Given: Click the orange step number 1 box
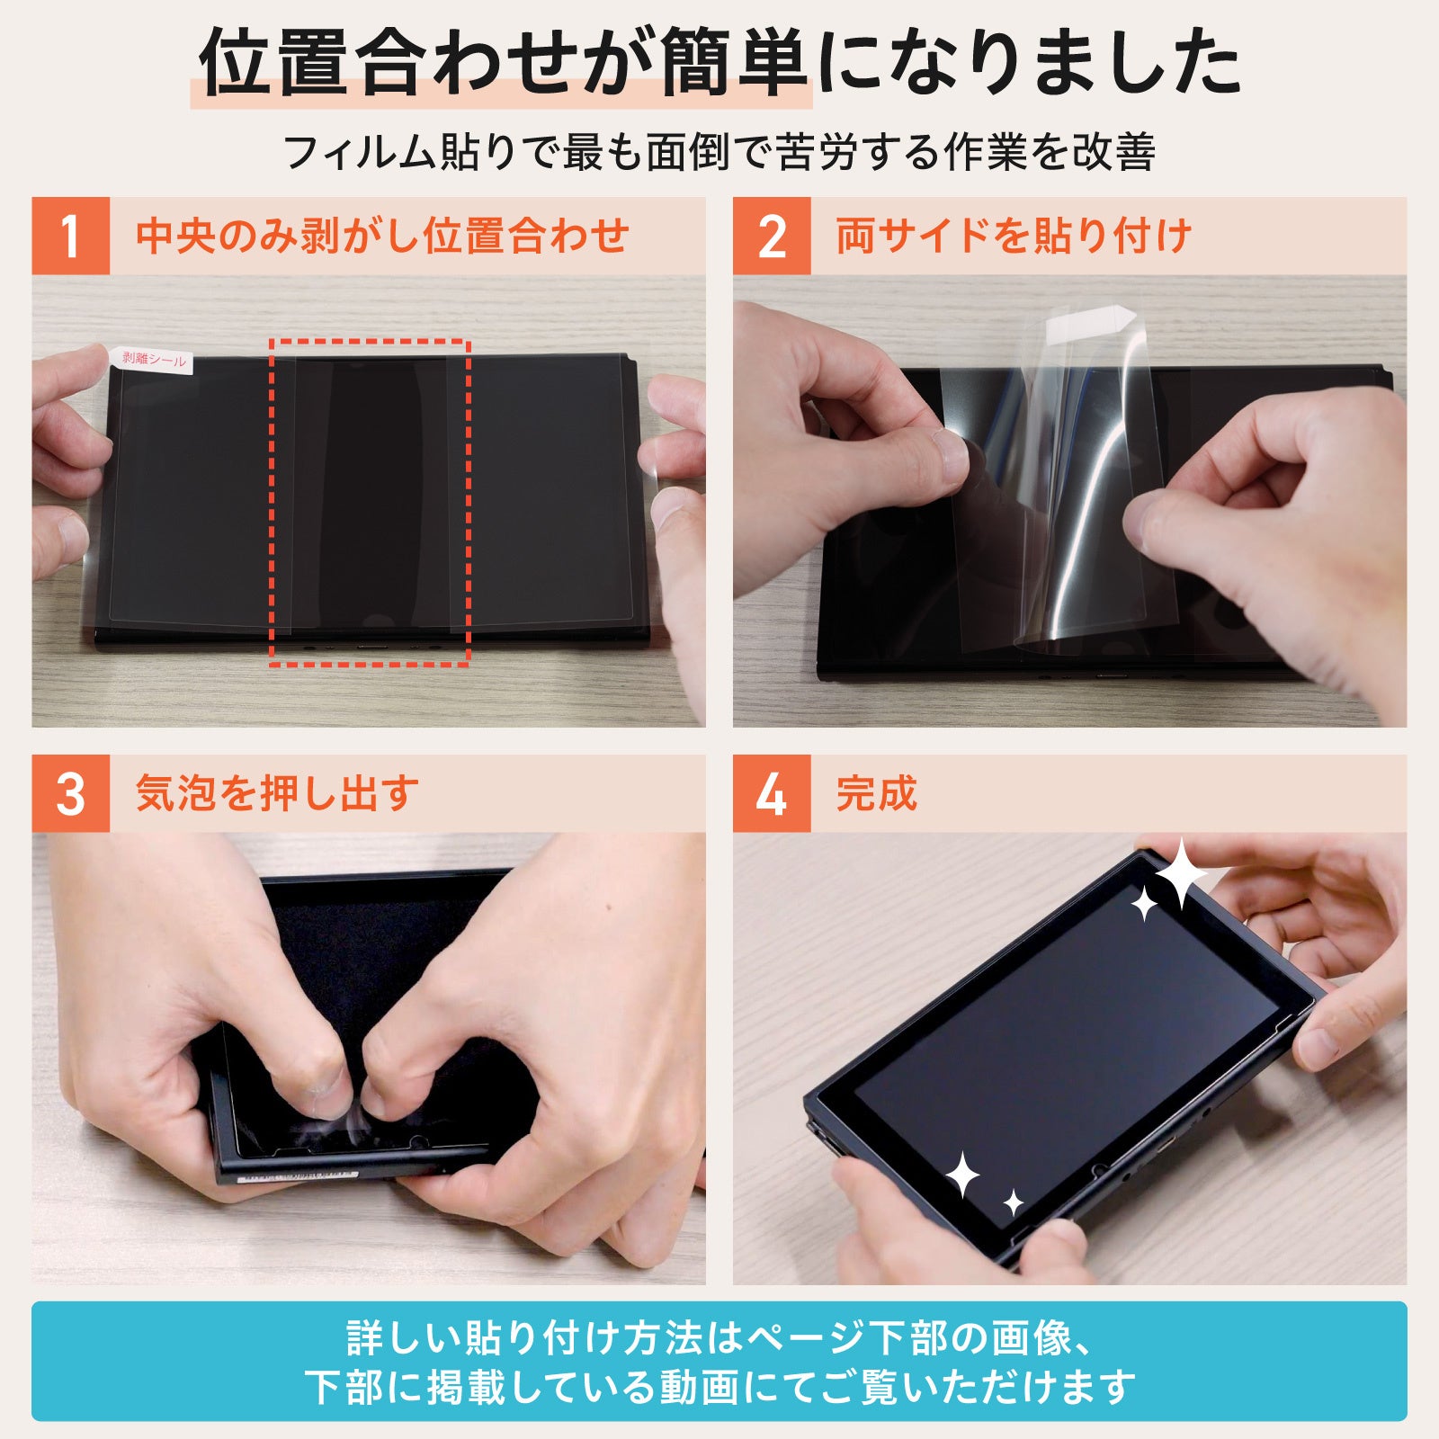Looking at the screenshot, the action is click(71, 236).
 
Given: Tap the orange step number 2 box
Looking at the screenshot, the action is click(772, 236).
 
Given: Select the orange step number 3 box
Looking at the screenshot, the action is click(71, 793).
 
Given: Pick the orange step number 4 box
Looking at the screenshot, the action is click(772, 793).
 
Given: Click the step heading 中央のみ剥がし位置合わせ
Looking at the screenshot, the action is click(382, 236).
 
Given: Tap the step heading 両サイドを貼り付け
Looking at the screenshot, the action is click(1014, 236).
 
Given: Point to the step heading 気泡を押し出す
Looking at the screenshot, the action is click(277, 793).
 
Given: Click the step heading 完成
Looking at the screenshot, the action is click(877, 793).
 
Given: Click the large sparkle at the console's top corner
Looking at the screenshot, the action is click(1180, 873).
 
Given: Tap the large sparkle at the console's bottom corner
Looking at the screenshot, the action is click(962, 1175).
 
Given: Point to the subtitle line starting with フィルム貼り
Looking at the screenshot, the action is click(719, 151).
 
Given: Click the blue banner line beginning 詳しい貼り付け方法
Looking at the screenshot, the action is click(719, 1338).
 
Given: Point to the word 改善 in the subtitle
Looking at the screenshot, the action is click(1114, 151).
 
